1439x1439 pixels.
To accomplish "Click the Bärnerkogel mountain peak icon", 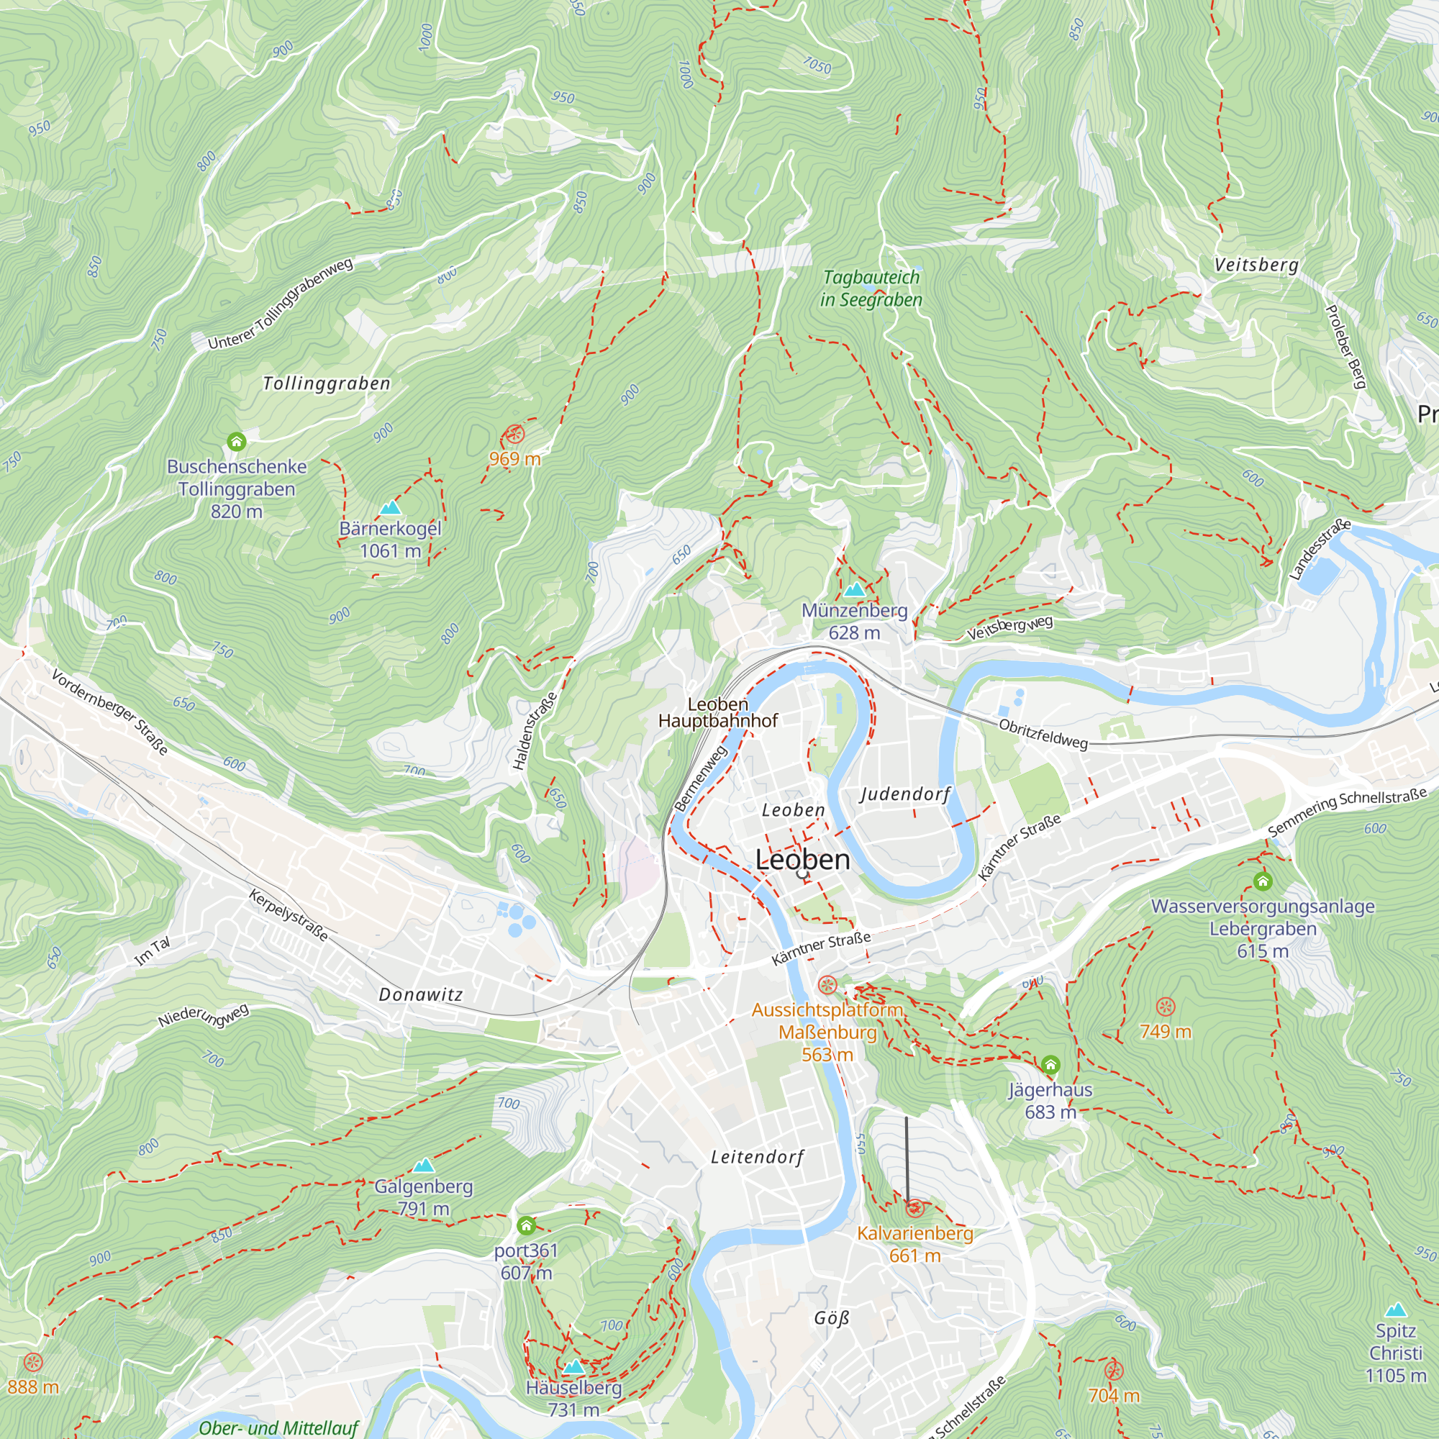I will [x=390, y=509].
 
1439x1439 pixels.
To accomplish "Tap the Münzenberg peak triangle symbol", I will [x=854, y=590].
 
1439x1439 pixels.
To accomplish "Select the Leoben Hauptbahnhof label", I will [x=717, y=713].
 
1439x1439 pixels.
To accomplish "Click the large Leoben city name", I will [x=802, y=860].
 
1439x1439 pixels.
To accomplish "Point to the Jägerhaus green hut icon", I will [x=1050, y=1064].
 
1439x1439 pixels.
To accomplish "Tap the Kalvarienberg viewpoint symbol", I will [x=915, y=1208].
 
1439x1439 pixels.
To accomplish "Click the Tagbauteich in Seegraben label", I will [x=871, y=289].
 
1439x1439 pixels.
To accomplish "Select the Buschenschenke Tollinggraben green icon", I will [x=236, y=442].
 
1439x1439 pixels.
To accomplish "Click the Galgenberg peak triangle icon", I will [x=423, y=1165].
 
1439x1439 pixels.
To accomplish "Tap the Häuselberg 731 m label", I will [x=573, y=1399].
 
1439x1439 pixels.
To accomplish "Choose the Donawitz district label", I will [x=421, y=994].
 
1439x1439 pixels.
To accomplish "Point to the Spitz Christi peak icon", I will [x=1396, y=1309].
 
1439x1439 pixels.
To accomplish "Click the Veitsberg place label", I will [x=1256, y=265].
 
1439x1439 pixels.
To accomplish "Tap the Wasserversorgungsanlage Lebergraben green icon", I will [x=1263, y=882].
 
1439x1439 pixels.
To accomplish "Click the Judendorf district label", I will [x=905, y=794].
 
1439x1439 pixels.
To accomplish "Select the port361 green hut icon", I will [x=526, y=1225].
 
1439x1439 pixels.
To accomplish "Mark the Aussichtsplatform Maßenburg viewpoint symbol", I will [x=827, y=986].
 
